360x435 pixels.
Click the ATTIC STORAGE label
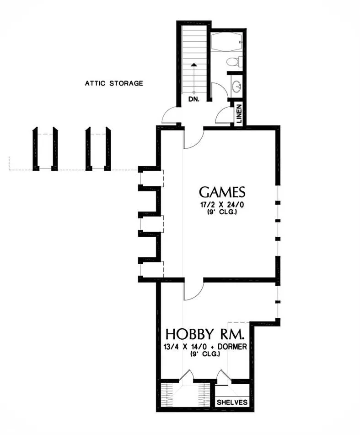[x=114, y=83]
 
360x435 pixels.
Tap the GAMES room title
[x=223, y=192]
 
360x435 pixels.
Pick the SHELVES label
[x=232, y=402]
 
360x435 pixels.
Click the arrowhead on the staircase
[x=195, y=65]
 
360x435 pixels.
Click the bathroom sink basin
[x=236, y=86]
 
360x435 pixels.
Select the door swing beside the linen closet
[x=224, y=114]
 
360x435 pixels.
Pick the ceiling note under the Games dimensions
[x=223, y=212]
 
